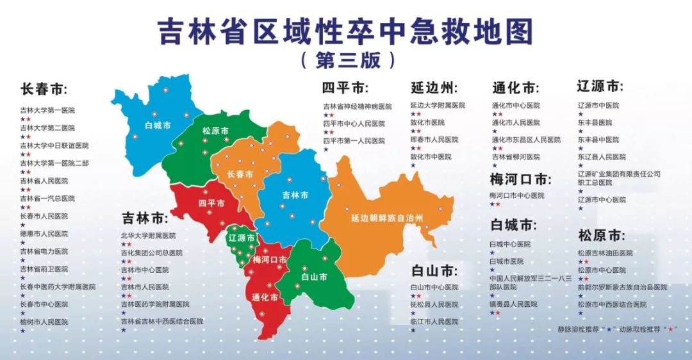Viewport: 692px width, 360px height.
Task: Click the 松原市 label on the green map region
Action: click(x=215, y=131)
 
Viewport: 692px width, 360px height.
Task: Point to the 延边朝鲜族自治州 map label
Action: click(x=387, y=218)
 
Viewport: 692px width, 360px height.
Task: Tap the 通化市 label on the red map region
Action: click(x=265, y=298)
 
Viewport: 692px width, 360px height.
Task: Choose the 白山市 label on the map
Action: click(x=315, y=277)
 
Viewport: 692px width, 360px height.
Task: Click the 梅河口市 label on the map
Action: click(x=269, y=260)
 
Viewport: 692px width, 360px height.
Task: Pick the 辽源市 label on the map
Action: click(x=242, y=237)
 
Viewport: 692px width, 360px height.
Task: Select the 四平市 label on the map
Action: click(x=211, y=203)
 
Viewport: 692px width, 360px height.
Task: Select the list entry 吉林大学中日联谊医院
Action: click(x=54, y=145)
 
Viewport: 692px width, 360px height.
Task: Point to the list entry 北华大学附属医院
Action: click(x=148, y=235)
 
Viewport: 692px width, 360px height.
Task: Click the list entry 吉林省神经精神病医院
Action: click(x=357, y=106)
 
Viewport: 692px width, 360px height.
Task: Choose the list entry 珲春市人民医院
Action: click(x=434, y=140)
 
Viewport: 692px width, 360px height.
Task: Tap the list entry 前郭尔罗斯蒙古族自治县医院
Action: click(x=622, y=288)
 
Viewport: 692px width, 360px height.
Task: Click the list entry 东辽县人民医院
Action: click(x=601, y=156)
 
